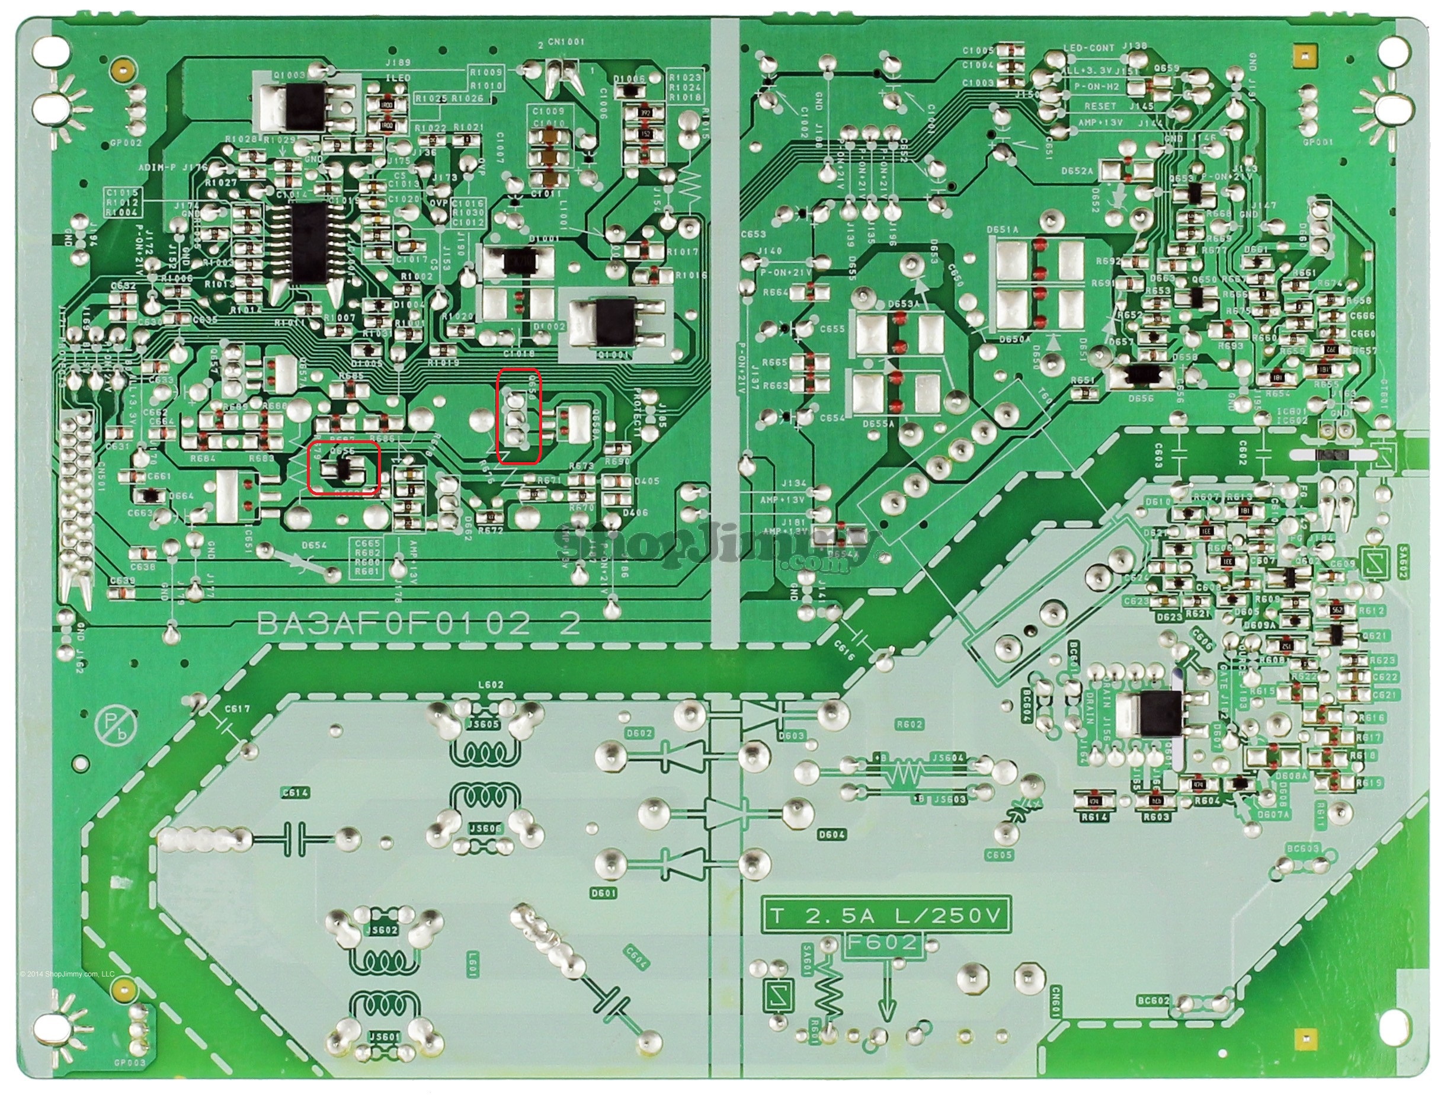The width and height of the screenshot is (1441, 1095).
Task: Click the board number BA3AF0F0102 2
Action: point(418,624)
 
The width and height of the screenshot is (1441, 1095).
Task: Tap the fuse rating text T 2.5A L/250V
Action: point(886,917)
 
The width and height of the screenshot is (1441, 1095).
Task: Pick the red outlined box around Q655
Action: point(344,468)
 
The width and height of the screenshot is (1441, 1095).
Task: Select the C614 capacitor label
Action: point(295,793)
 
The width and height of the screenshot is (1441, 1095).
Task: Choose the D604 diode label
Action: point(831,834)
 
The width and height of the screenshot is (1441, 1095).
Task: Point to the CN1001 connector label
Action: point(566,41)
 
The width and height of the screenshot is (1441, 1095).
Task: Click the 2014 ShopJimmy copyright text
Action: point(67,974)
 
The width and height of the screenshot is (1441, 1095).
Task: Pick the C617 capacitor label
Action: point(237,709)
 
